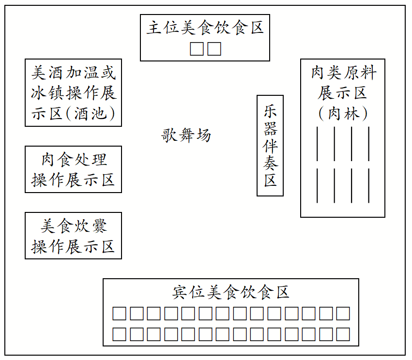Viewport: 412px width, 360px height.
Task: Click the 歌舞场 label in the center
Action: click(x=186, y=135)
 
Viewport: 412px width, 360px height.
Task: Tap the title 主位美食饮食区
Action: click(x=205, y=28)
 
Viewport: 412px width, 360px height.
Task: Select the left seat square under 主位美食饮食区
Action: click(x=197, y=49)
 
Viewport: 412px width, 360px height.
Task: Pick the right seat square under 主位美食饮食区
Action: click(x=214, y=49)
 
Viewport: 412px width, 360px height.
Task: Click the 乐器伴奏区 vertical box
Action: click(x=270, y=146)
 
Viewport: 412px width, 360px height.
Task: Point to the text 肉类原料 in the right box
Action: click(x=343, y=73)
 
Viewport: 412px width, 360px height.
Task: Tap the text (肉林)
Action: click(x=343, y=114)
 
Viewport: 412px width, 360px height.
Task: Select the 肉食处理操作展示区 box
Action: click(x=73, y=169)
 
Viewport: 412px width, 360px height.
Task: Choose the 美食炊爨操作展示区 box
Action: click(x=73, y=236)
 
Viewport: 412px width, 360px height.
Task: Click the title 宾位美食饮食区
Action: click(x=231, y=292)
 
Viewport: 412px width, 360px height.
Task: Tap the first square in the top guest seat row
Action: click(x=120, y=314)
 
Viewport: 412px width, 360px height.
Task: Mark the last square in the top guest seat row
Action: click(x=343, y=314)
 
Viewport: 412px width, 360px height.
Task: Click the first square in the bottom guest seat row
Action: click(x=120, y=334)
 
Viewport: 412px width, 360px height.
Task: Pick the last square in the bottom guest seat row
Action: click(x=343, y=334)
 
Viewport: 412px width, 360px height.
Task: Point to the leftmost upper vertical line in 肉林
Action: click(x=317, y=143)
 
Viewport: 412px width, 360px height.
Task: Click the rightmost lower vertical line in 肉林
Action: click(x=369, y=185)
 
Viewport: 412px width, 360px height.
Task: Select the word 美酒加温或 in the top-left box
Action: click(x=74, y=73)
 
